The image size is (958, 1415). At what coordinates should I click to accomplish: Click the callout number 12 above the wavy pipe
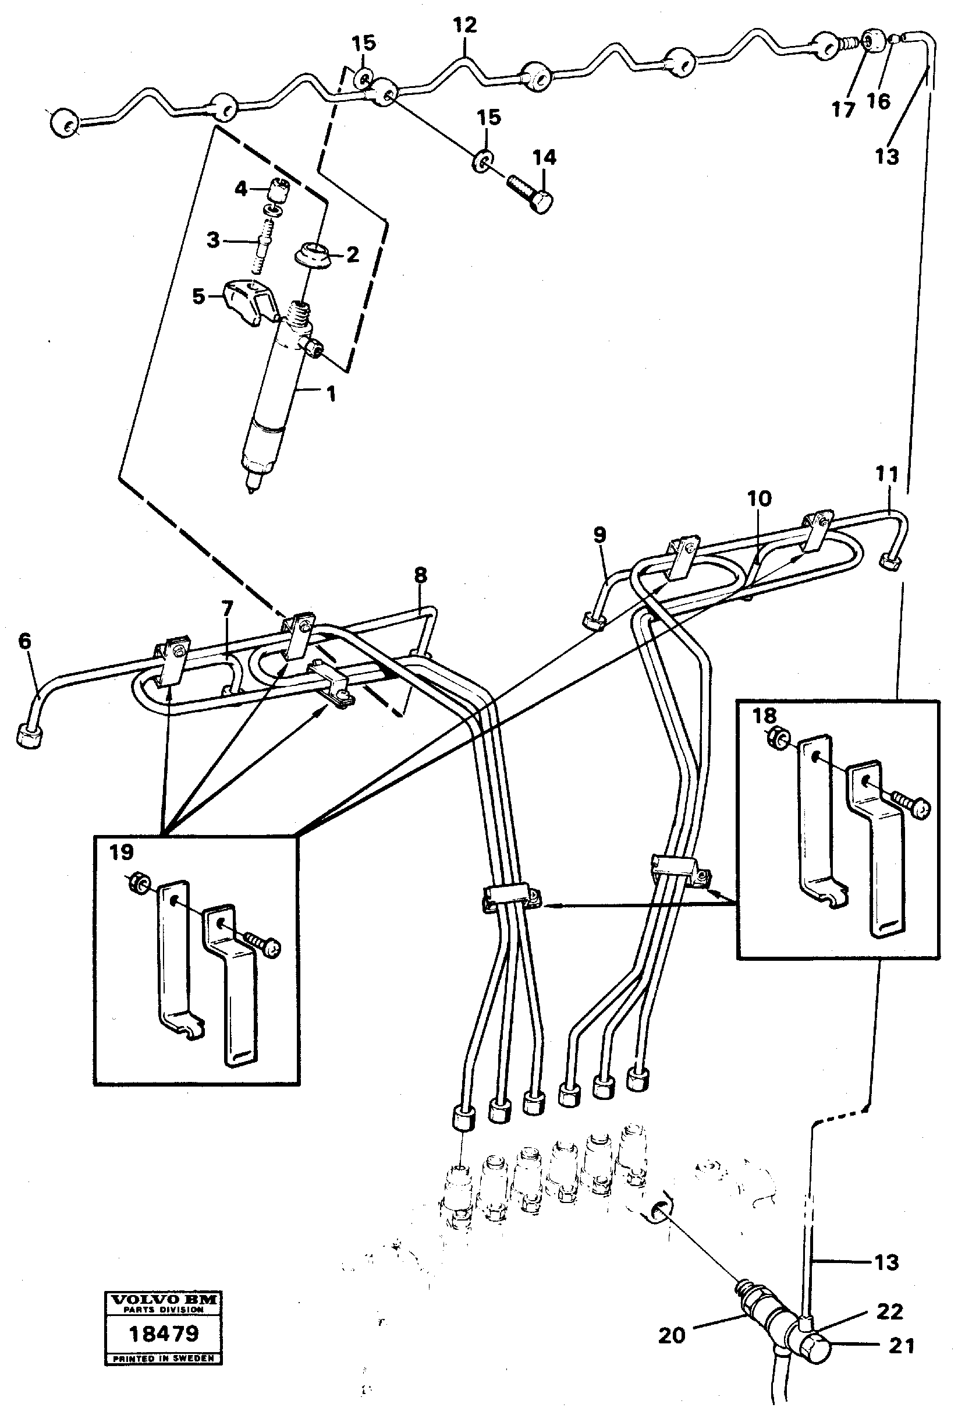click(x=464, y=26)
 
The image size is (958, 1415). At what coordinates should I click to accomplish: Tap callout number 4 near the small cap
click(x=241, y=189)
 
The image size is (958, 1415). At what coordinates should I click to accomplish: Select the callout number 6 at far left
click(x=24, y=641)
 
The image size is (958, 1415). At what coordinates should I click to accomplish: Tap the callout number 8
click(x=420, y=575)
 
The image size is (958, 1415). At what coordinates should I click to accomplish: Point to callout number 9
click(x=599, y=535)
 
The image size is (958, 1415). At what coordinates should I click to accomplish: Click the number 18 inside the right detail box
click(x=764, y=716)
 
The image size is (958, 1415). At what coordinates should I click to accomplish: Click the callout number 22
click(x=889, y=1311)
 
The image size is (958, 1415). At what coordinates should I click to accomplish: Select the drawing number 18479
click(x=164, y=1334)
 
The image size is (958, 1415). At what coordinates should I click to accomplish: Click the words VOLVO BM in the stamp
click(x=163, y=1299)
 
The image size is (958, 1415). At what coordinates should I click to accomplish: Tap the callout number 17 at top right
click(x=843, y=109)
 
